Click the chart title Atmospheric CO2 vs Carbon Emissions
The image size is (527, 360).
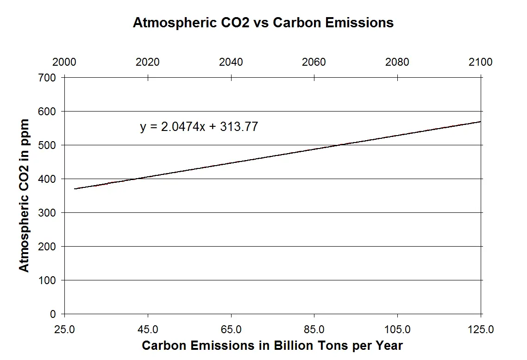click(x=263, y=23)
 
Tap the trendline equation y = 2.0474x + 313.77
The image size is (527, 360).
click(x=199, y=127)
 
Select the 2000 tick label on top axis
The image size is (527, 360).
click(x=64, y=62)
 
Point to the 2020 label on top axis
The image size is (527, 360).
click(x=148, y=62)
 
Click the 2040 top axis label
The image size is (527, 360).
click(x=231, y=62)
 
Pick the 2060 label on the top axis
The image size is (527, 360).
click(x=314, y=62)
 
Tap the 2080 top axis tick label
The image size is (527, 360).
click(x=397, y=62)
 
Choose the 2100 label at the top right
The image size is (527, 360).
click(x=481, y=62)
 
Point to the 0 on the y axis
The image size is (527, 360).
click(x=53, y=314)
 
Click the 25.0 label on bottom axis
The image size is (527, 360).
click(x=64, y=329)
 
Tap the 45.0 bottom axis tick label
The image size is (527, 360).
click(x=148, y=329)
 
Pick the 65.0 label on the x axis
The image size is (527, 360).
click(x=231, y=329)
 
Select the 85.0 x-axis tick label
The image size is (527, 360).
click(x=314, y=329)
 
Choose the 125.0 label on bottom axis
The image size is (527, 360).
click(x=481, y=329)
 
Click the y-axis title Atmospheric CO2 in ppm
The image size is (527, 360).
click(x=24, y=195)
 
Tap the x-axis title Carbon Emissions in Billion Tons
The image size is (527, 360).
click(x=272, y=346)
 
